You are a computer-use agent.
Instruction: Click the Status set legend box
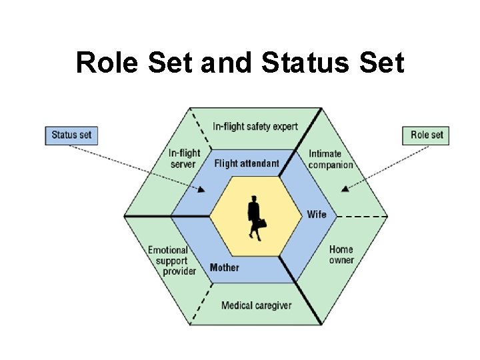[71, 135]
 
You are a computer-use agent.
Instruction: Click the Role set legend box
[425, 135]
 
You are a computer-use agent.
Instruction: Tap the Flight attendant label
[247, 163]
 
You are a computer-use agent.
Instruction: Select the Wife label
[317, 214]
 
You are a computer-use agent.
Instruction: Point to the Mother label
[225, 267]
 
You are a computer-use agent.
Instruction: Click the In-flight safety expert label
[255, 127]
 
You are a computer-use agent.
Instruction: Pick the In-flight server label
[184, 158]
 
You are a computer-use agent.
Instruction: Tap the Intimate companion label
[331, 159]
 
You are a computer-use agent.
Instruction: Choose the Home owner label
[341, 255]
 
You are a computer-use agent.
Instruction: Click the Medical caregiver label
[257, 305]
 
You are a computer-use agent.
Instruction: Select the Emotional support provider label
[172, 261]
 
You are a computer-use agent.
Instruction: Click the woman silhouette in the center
[256, 218]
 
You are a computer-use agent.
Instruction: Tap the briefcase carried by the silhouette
[262, 223]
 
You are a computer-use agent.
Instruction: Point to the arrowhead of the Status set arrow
[201, 189]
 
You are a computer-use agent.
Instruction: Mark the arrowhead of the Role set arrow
[345, 189]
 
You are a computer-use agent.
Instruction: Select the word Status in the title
[305, 63]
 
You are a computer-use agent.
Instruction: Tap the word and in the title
[226, 63]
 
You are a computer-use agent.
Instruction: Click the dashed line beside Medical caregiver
[201, 304]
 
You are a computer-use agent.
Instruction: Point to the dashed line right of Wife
[362, 217]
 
